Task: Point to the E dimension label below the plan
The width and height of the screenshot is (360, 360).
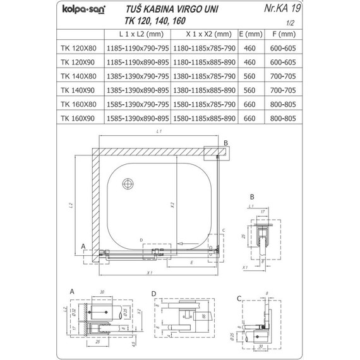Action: click(x=190, y=261)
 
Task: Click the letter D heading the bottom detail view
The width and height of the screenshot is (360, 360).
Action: click(x=153, y=294)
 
